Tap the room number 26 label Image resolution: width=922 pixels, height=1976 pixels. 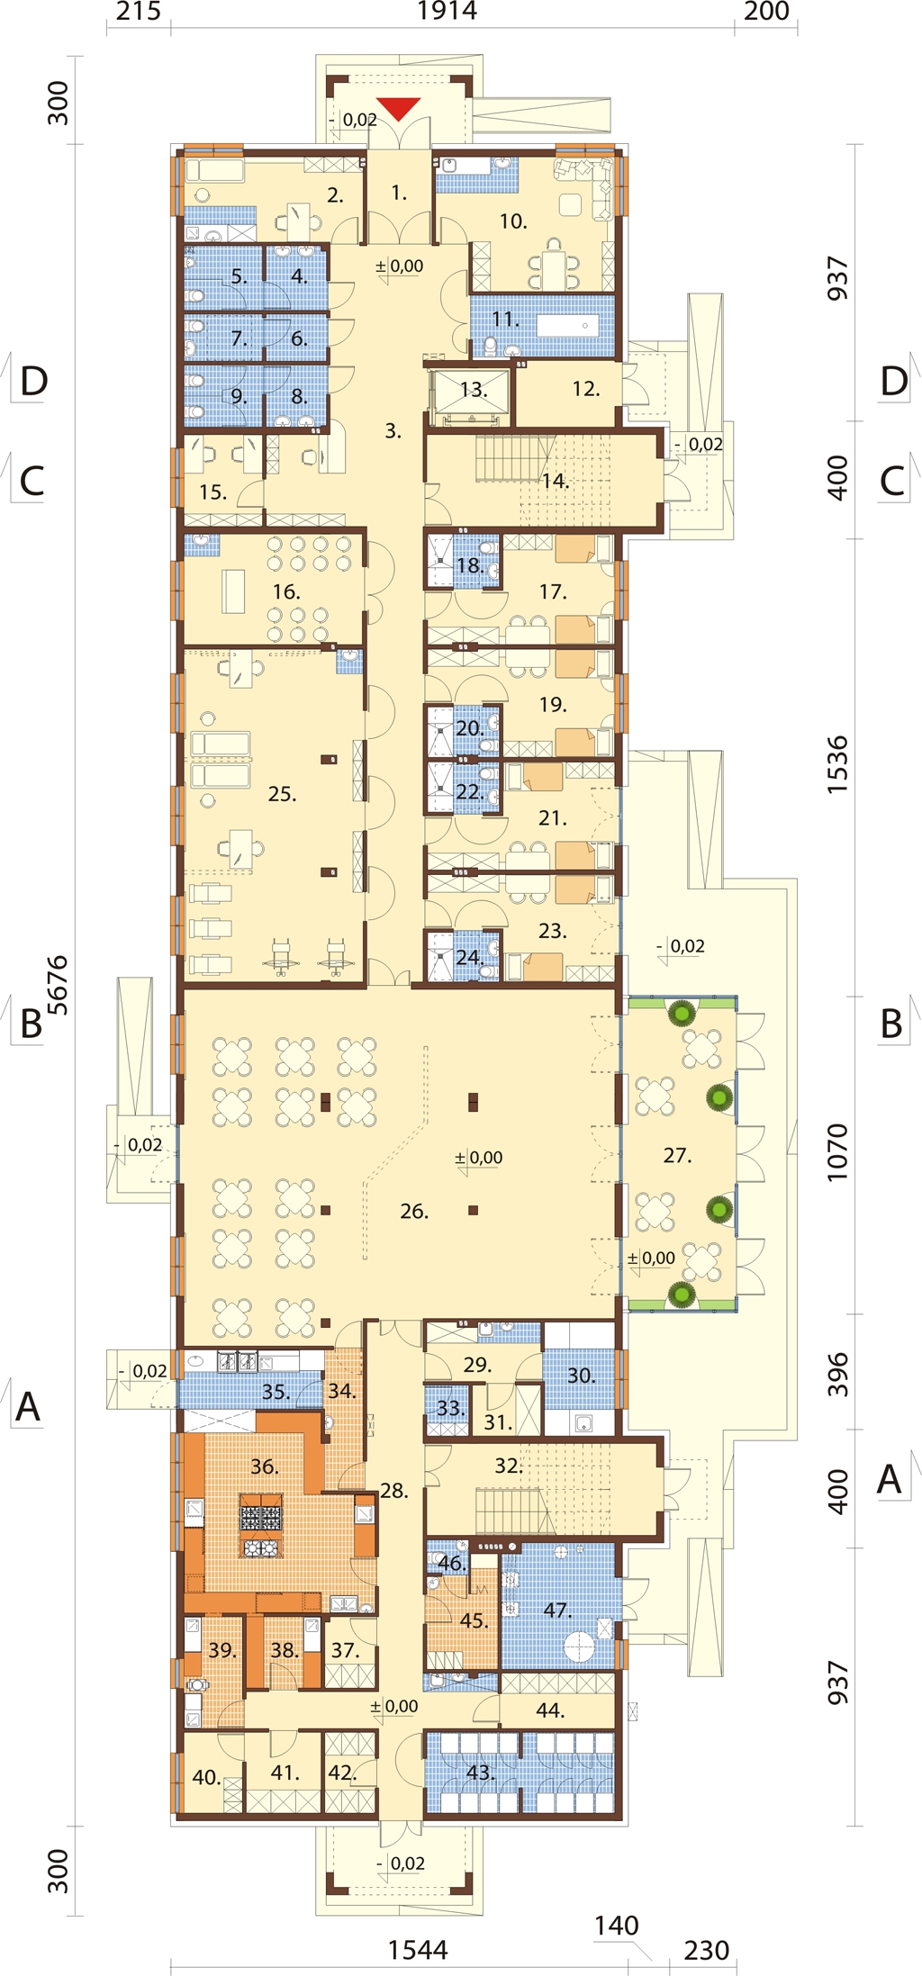413,1212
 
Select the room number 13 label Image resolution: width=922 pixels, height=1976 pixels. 473,390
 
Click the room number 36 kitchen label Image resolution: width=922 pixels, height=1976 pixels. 264,1466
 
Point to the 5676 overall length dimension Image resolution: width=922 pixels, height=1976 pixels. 57,985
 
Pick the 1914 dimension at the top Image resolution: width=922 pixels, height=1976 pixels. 447,12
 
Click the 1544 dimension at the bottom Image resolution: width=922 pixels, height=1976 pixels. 418,1950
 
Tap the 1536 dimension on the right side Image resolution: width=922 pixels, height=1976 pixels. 837,764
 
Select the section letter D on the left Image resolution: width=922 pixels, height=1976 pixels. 33,382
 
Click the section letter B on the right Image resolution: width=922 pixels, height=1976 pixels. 890,1024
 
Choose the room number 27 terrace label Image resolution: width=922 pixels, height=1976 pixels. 676,1155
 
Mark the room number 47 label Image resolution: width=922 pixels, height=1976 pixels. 557,1610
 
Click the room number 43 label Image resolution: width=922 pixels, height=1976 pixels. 480,1773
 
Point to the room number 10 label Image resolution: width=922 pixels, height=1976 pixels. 512,221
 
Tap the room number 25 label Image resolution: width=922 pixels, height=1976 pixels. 282,794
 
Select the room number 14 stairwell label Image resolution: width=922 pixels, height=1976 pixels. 555,481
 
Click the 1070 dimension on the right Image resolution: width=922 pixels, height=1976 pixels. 837,1152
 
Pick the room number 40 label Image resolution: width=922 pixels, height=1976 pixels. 206,1777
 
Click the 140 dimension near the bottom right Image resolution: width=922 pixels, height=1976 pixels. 617,1926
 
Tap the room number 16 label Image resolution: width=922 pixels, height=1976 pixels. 286,592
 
